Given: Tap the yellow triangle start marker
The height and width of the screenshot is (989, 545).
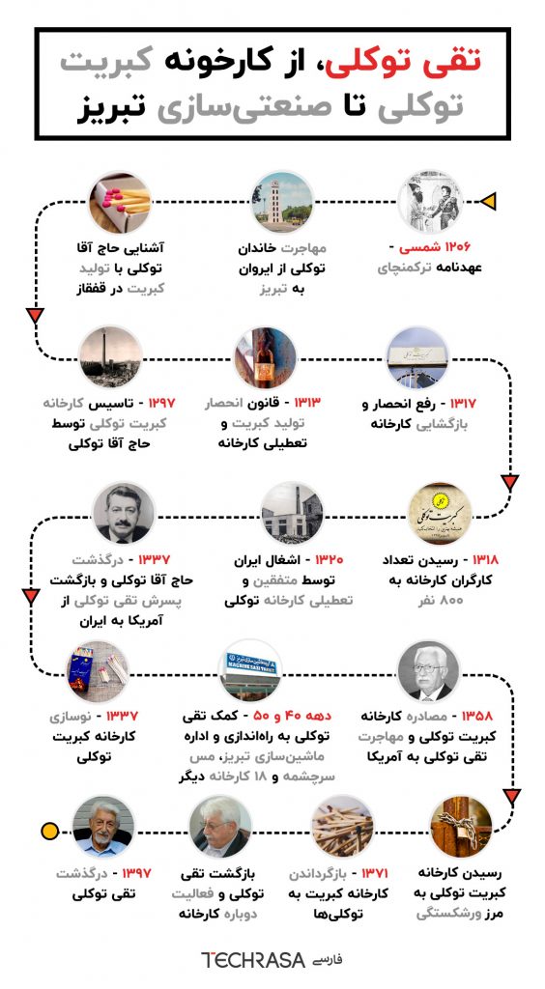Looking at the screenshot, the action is (489, 201).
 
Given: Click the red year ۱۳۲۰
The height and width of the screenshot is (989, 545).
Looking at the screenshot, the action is (324, 560).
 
